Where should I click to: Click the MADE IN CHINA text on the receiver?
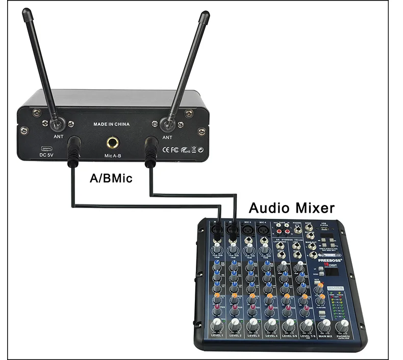[111, 124]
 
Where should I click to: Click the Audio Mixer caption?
[291, 208]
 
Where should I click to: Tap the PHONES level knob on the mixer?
[342, 326]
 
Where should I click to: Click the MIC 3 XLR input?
[249, 232]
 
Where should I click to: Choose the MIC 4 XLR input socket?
[264, 233]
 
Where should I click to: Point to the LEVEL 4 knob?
[270, 324]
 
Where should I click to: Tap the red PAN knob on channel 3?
[250, 308]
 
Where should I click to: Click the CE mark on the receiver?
[165, 150]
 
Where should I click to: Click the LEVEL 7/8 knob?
[306, 325]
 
